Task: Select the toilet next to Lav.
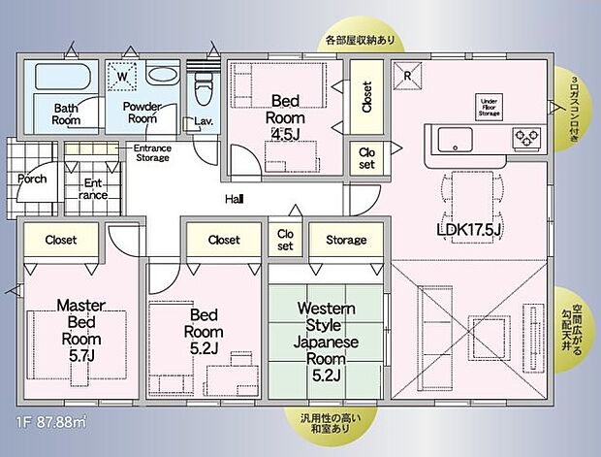pos(203,89)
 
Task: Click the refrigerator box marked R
pos(407,75)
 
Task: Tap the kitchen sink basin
pos(454,140)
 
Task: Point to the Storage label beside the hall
pos(346,240)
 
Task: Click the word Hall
pos(234,199)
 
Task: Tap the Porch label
pos(33,179)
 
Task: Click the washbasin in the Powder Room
pos(160,77)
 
